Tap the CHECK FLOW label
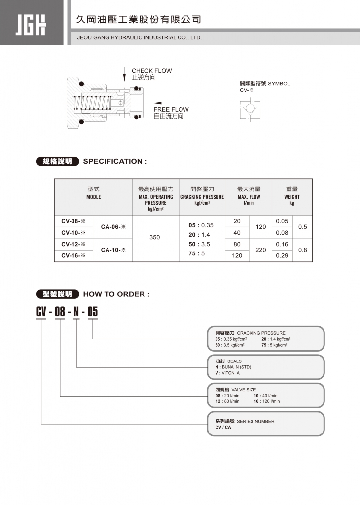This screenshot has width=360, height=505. coord(151,71)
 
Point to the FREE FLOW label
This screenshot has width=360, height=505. coord(171,109)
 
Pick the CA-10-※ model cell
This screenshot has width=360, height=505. coord(113,250)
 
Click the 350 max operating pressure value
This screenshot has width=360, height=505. coord(155,237)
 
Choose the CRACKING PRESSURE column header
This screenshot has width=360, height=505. coord(202,197)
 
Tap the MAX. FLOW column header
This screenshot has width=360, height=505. coord(249,197)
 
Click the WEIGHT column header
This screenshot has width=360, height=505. coord(292,197)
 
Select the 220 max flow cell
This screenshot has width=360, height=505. coord(261,250)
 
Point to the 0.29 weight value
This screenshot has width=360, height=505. coord(282,255)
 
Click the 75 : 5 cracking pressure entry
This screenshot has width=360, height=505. coord(199,253)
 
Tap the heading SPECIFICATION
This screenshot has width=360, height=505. coord(115,161)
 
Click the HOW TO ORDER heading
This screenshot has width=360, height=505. coord(116,294)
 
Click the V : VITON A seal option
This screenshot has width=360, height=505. coord(227,373)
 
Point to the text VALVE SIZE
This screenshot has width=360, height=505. coord(250,390)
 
